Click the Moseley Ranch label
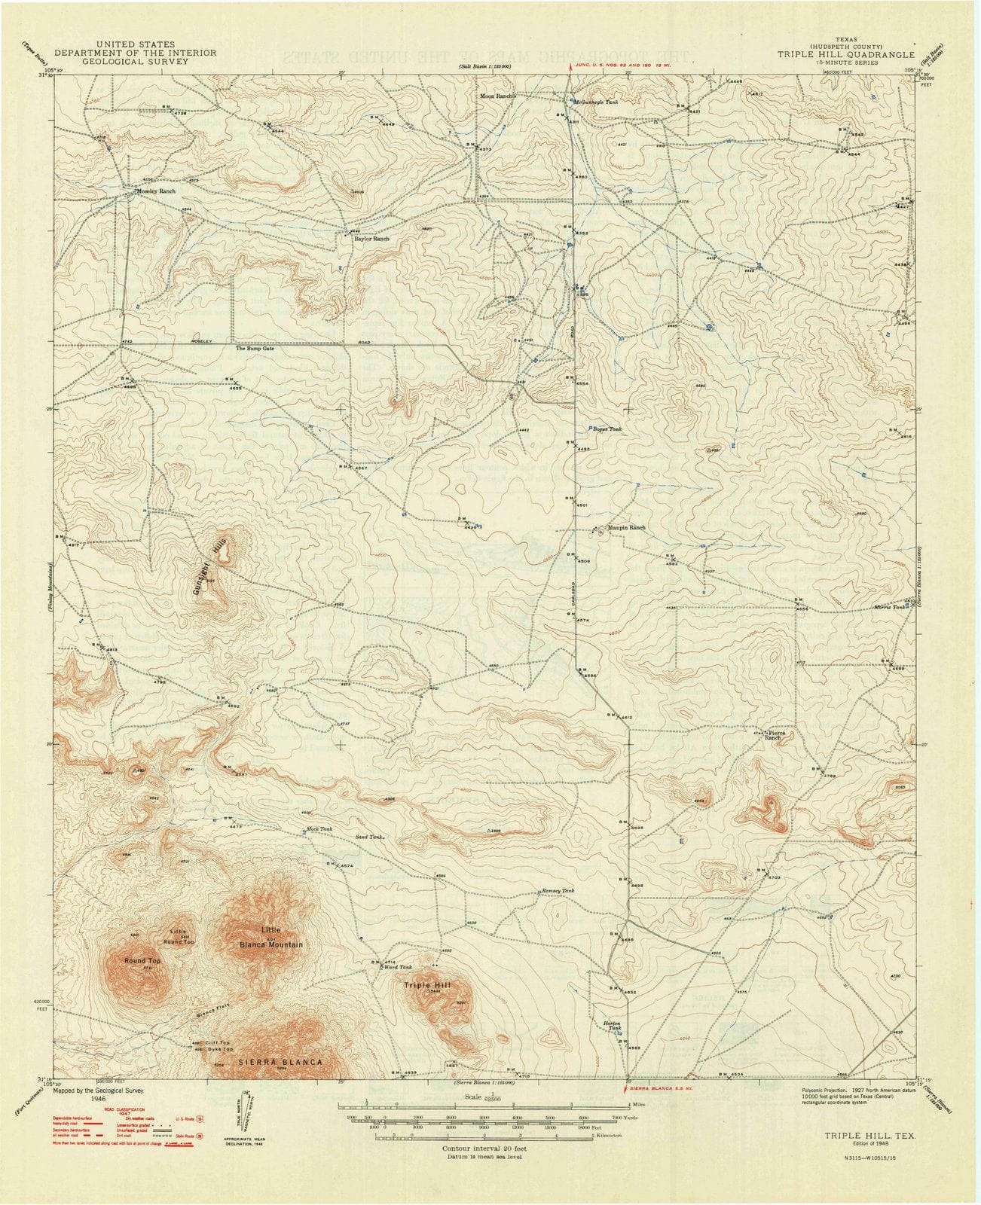coord(156,192)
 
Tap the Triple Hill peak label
coord(427,985)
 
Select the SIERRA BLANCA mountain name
coord(280,1062)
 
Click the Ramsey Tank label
coord(558,891)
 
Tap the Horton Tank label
coord(612,1029)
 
